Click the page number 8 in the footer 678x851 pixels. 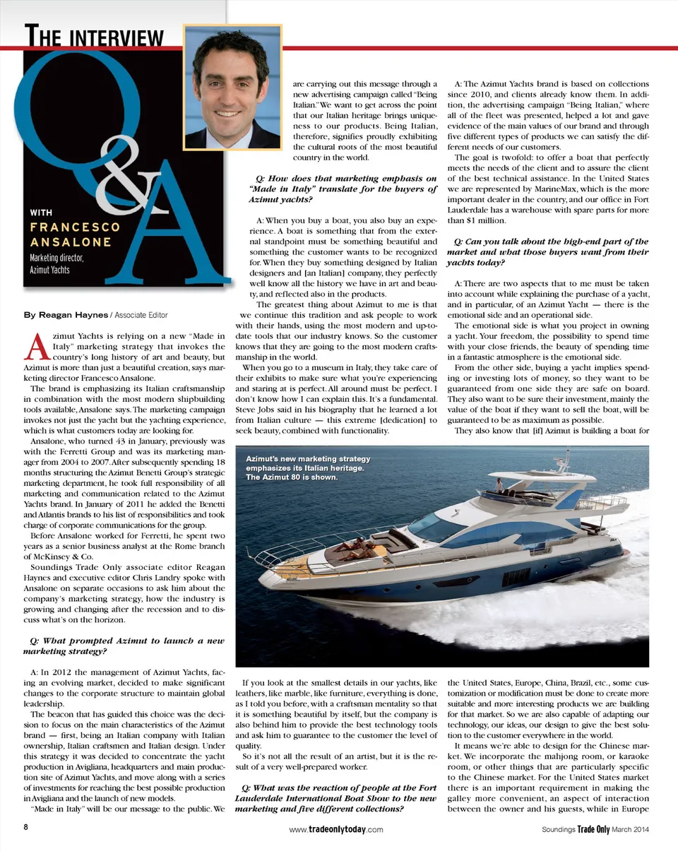pos(26,828)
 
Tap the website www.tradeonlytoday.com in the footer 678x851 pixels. pos(337,830)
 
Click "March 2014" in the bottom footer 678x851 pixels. pos(631,830)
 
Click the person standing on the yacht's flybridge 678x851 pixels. pos(499,484)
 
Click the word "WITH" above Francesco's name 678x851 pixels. pos(41,212)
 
